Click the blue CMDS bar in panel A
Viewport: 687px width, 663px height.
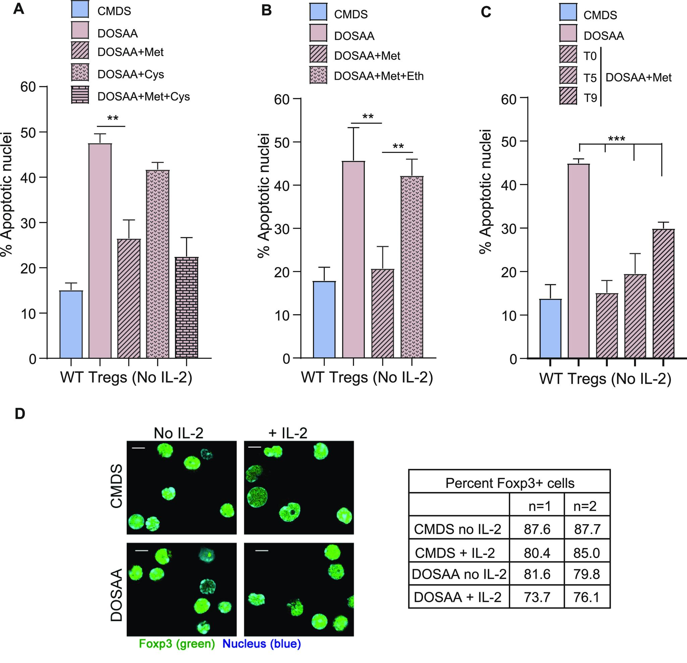71,324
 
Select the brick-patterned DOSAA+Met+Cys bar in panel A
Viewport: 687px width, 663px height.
187,308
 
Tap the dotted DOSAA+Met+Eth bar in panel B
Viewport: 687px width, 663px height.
412,267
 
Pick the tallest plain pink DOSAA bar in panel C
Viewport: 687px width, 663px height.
579,261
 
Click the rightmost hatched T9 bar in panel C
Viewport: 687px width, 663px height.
664,294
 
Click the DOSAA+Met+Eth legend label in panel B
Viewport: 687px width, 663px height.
378,76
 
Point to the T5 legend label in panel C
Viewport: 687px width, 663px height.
590,78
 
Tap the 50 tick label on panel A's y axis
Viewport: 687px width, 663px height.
28,132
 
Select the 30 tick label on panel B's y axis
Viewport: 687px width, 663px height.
282,228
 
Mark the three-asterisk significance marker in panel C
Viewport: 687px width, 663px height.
617,139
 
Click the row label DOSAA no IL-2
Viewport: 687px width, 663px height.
459,574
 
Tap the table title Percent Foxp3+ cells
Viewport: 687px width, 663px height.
510,483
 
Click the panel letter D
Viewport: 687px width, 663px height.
20,414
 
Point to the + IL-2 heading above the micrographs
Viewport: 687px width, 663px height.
288,434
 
